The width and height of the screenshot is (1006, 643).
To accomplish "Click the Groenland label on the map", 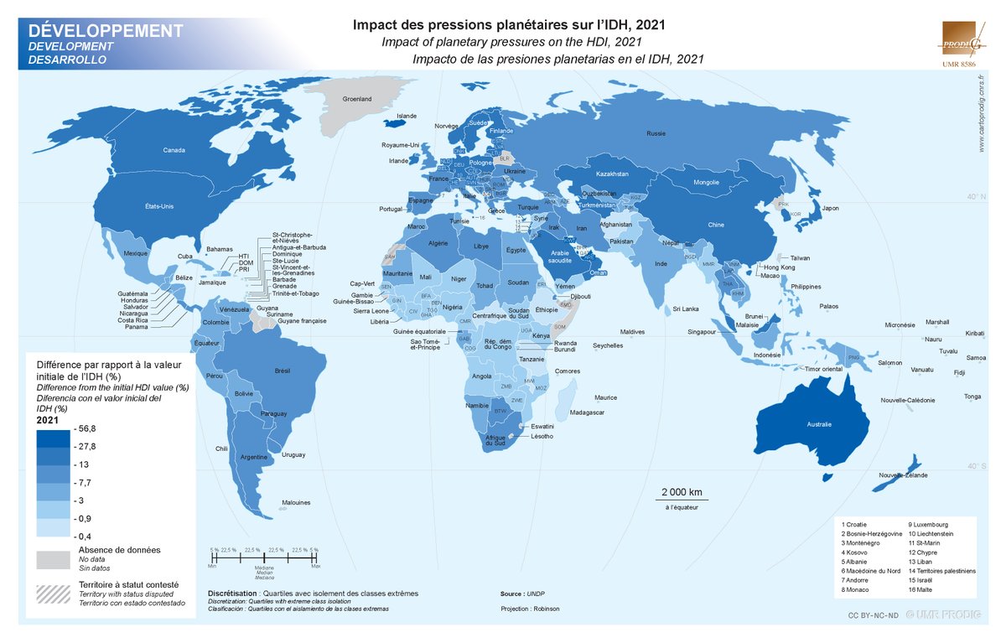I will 357,99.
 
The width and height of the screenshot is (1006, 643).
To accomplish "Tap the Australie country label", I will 820,425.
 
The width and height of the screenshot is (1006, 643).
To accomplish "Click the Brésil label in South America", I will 283,370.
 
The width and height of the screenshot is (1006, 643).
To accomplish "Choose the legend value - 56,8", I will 86,429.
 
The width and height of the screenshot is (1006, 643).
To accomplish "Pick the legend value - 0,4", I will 82,536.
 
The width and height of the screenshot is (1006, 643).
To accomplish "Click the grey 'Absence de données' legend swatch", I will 52,559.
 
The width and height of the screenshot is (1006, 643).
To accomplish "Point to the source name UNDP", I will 537,593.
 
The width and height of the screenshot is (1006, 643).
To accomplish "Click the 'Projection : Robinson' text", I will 530,609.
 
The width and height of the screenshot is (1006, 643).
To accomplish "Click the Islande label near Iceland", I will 406,116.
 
